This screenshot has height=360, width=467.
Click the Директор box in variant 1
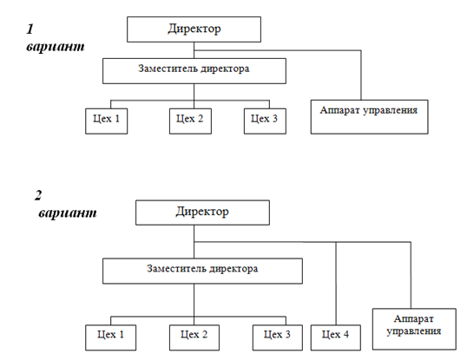(x=194, y=29)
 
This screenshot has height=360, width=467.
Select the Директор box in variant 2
(x=202, y=213)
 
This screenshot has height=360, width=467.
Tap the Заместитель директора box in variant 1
(x=194, y=71)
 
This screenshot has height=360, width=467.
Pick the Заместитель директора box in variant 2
(x=202, y=271)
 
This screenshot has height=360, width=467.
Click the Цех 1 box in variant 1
(x=106, y=121)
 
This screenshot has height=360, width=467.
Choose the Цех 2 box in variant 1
(x=190, y=121)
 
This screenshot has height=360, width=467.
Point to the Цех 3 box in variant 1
(x=265, y=121)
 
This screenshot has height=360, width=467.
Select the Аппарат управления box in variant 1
(x=369, y=117)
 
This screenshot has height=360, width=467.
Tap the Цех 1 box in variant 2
(x=110, y=337)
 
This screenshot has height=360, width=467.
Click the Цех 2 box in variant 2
(x=194, y=337)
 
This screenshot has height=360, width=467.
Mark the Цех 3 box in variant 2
(x=278, y=337)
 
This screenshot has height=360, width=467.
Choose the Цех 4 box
(x=336, y=337)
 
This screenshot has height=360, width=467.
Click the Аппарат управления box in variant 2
(x=414, y=329)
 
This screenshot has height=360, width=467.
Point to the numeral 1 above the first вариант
(x=30, y=29)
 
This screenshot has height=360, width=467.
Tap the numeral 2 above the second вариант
(x=38, y=195)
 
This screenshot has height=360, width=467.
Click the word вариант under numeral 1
(x=56, y=47)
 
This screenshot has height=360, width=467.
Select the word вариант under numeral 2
(x=68, y=213)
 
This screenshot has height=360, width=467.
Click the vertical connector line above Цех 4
(x=336, y=284)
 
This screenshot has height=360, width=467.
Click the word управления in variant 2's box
(x=414, y=331)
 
